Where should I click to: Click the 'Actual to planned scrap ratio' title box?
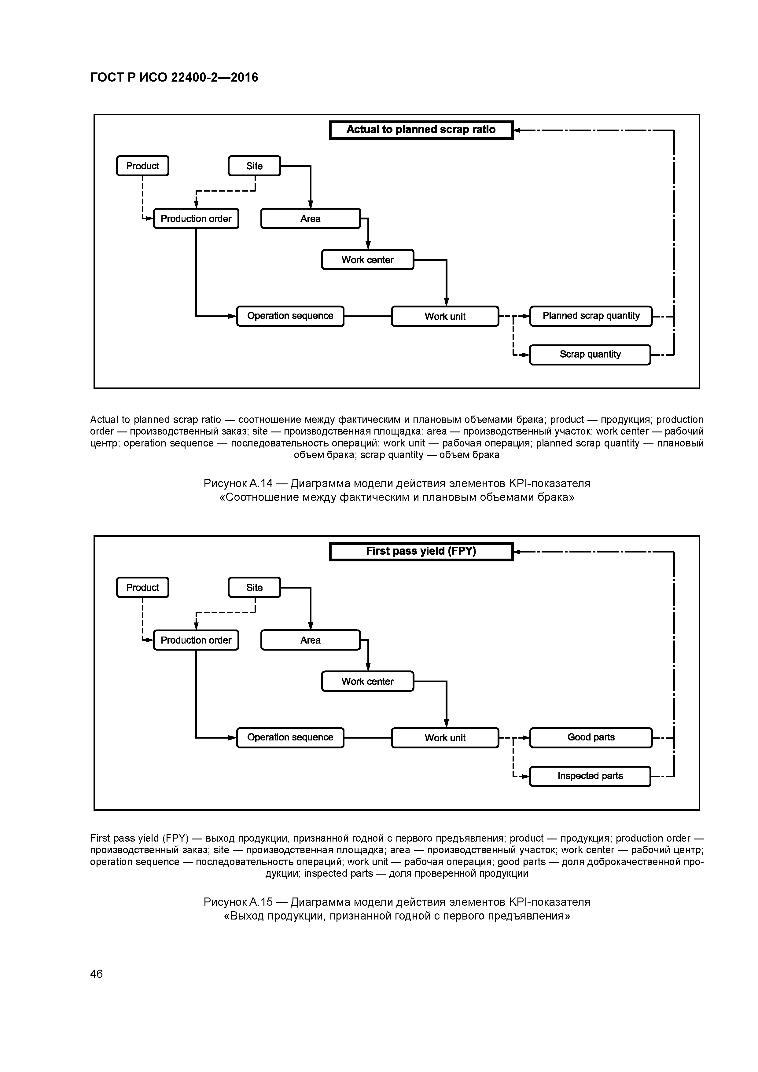[x=421, y=130]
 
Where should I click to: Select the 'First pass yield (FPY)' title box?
[x=421, y=551]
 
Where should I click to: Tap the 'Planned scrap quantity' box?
[x=591, y=316]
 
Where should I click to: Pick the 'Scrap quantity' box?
[x=590, y=354]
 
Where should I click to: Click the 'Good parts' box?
[x=591, y=738]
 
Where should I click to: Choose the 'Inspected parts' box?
[x=590, y=776]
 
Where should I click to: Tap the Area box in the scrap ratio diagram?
[x=310, y=218]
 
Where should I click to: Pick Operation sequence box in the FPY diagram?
[x=290, y=738]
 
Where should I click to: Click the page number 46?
[x=96, y=974]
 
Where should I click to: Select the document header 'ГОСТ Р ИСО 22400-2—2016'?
[x=174, y=78]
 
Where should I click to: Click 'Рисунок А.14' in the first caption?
[x=238, y=483]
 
